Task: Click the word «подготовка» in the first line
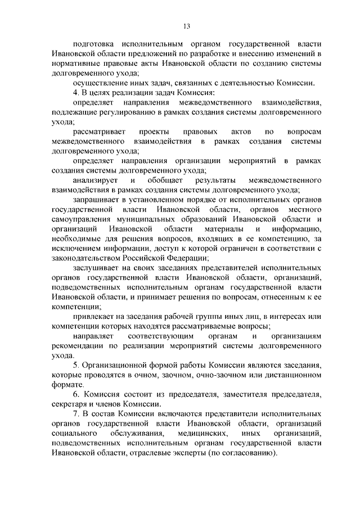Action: [x=92, y=43]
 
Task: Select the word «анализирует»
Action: [x=94, y=180]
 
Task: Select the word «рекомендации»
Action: [x=75, y=346]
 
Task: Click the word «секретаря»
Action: [x=67, y=404]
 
